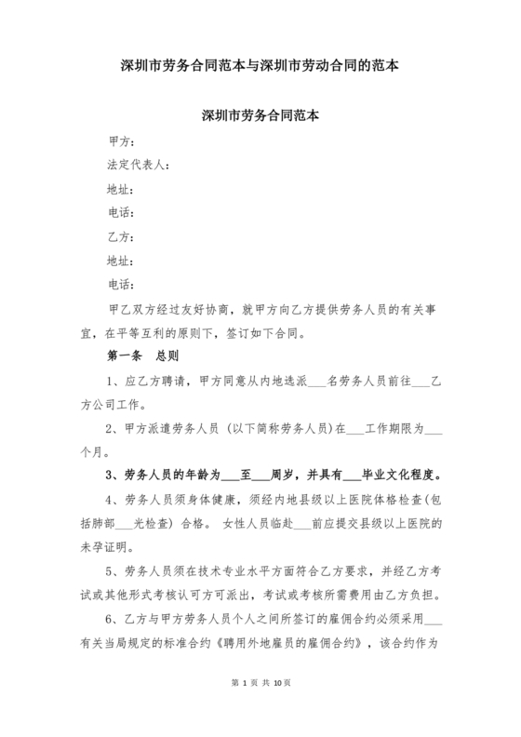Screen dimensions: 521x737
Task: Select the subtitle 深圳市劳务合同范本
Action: (260, 117)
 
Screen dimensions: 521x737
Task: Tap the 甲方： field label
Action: (123, 141)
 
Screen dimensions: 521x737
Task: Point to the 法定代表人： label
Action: (139, 166)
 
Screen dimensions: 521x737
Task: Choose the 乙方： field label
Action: (123, 236)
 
